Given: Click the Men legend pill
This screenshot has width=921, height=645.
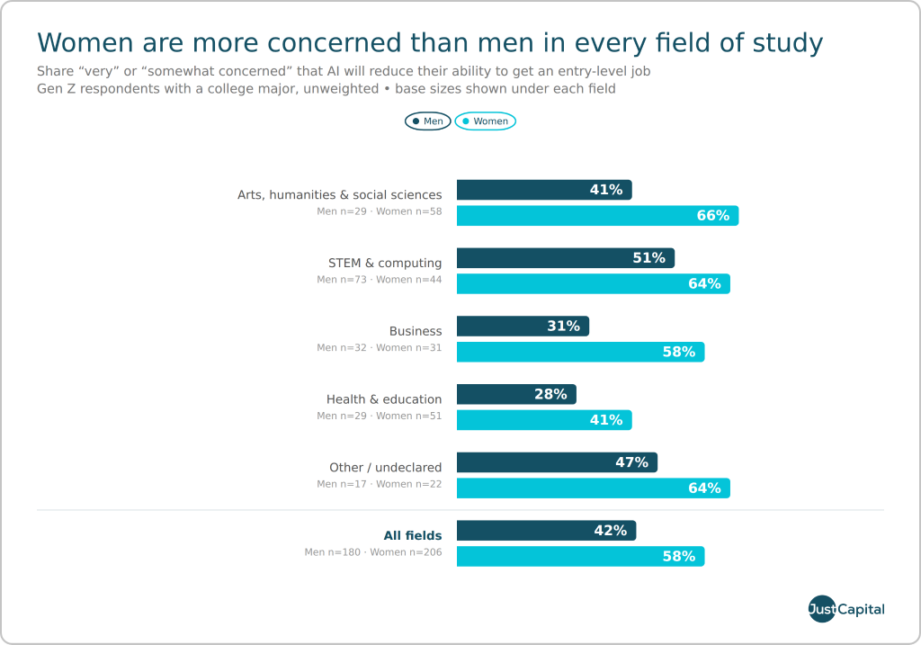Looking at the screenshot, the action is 427,121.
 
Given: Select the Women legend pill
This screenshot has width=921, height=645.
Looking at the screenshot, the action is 485,121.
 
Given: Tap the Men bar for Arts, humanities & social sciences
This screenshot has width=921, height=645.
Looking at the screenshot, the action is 544,190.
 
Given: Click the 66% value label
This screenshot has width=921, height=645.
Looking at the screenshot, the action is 713,216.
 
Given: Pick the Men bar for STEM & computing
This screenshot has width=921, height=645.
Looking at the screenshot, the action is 566,258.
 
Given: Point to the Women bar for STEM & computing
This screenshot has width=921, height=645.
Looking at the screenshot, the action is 594,283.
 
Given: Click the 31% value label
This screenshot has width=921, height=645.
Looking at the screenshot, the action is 563,326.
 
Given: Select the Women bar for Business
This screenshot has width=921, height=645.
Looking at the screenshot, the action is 580,352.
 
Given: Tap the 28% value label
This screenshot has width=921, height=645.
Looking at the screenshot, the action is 550,394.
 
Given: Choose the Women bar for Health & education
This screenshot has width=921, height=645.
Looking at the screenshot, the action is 544,420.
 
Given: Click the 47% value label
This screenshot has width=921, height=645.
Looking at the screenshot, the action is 631,462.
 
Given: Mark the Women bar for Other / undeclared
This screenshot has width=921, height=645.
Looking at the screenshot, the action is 594,488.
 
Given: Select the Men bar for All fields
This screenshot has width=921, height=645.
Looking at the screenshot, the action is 546,531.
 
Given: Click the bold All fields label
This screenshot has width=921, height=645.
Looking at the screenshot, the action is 412,536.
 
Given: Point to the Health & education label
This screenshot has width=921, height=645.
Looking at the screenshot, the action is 384,399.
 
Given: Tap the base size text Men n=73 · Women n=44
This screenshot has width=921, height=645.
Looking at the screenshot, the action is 379,280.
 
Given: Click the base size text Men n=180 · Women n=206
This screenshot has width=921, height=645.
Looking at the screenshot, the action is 373,552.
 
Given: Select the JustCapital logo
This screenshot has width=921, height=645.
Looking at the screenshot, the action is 845,609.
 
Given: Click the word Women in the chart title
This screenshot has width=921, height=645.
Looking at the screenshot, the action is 85,43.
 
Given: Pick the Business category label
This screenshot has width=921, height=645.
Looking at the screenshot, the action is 416,331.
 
